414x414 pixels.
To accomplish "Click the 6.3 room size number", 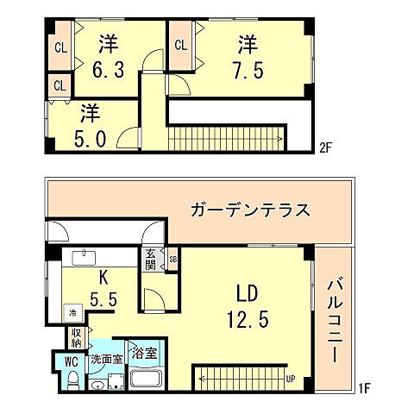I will coord(107,68).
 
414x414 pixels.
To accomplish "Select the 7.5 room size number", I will coord(248,68).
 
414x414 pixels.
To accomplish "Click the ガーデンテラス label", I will coord(250,210).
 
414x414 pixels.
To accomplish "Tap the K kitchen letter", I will coord(102,278).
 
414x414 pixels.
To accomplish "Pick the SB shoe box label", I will coord(172,259).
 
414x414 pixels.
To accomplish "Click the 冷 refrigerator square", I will coord(73,313).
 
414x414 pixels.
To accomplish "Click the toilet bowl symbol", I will coord(73,380).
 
